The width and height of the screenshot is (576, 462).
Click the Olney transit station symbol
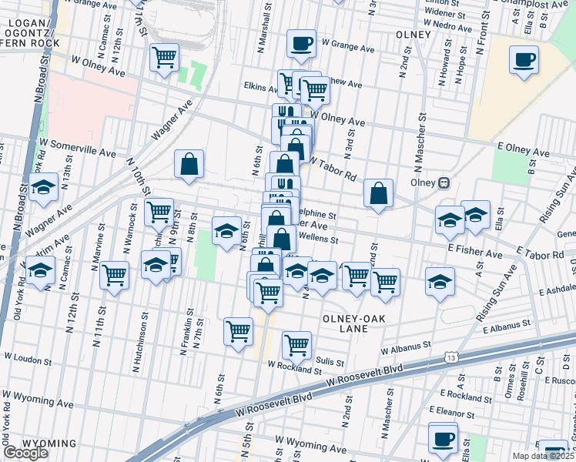click(x=444, y=183)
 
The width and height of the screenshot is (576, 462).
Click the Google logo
click(x=25, y=453)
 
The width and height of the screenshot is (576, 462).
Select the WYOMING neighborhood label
click(x=49, y=444)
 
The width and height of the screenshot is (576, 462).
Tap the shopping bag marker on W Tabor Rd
click(x=378, y=194)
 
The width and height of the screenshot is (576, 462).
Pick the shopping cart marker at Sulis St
click(x=296, y=346)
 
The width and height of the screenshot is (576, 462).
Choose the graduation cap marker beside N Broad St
click(x=44, y=187)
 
